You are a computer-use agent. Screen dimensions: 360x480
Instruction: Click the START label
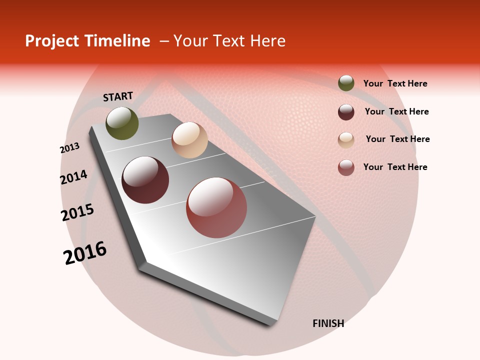point(118,96)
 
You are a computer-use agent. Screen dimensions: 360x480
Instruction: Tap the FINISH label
point(328,323)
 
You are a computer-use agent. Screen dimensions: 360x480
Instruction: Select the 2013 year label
point(69,148)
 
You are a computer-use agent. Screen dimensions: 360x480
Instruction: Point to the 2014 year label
point(73,177)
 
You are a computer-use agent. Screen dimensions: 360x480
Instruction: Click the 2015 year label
point(77,212)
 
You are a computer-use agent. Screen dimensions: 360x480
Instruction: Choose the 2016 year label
point(85,252)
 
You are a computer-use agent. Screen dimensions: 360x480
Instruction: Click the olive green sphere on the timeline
point(122,123)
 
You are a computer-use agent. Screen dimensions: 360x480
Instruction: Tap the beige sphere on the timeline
point(189,140)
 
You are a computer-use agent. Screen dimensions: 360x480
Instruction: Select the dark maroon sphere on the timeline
point(145,180)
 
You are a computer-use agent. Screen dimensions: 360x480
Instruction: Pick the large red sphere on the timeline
point(216,207)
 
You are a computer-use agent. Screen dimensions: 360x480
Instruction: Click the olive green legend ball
point(346,83)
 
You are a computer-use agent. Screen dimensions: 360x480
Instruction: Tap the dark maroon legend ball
point(346,112)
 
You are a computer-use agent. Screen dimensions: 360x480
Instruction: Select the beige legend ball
point(346,140)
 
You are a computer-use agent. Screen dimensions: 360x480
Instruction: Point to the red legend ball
point(346,167)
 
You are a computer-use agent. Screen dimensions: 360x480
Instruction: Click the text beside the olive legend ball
point(395,84)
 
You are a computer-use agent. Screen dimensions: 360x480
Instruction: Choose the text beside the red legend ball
point(395,167)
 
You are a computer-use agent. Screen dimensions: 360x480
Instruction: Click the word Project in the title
point(52,41)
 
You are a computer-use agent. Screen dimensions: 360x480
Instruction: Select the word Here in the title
point(267,41)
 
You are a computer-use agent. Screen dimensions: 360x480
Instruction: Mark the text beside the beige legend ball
point(397,139)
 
